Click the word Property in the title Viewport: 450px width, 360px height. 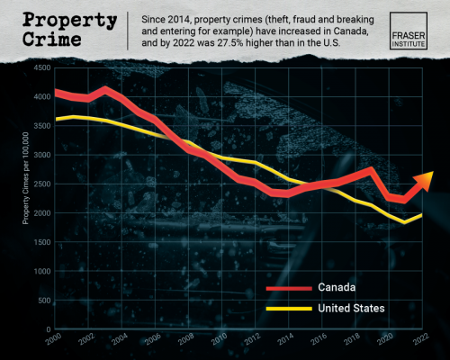click(x=67, y=20)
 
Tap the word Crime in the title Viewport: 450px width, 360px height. click(x=53, y=40)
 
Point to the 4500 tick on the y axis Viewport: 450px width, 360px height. click(x=40, y=67)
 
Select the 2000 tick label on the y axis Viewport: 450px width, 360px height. click(x=40, y=213)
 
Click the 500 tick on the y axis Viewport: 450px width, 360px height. click(x=42, y=301)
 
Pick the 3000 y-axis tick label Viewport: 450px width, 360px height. click(x=40, y=155)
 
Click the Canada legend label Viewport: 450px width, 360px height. click(x=336, y=288)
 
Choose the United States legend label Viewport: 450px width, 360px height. click(x=352, y=308)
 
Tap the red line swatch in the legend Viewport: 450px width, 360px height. click(x=288, y=288)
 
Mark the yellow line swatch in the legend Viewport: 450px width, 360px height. click(x=288, y=308)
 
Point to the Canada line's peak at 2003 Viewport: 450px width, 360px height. click(x=105, y=89)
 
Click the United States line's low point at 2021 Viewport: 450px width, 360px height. click(x=406, y=221)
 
